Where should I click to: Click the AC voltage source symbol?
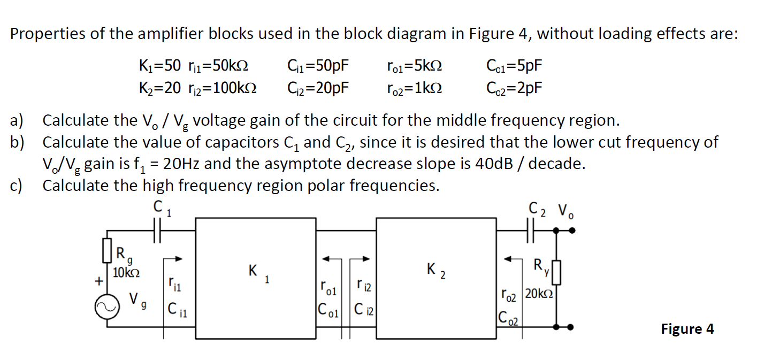coord(104,309)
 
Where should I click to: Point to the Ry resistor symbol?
coord(557,272)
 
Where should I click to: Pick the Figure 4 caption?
coord(687,328)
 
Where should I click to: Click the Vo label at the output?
coord(567,210)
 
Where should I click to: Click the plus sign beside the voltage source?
coord(98,281)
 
